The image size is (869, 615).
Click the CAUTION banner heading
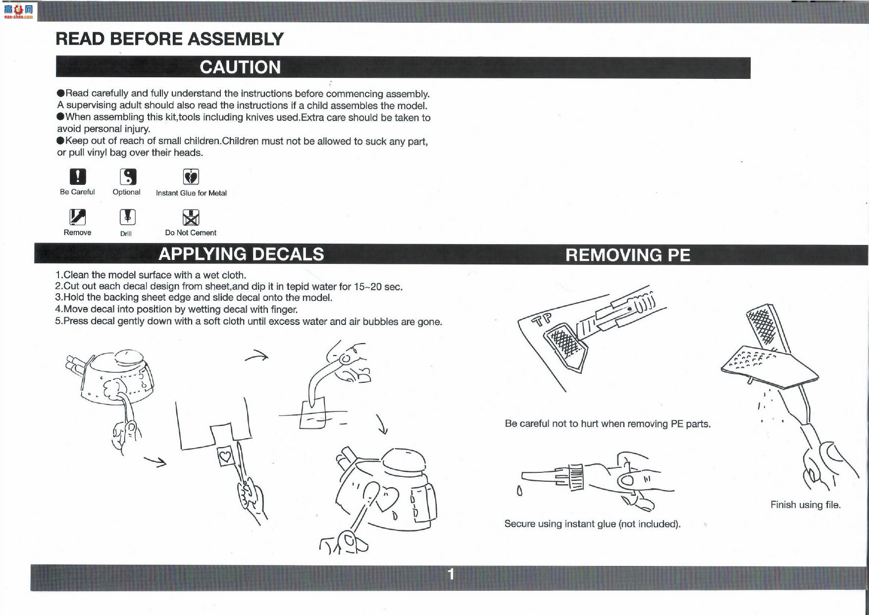(240, 67)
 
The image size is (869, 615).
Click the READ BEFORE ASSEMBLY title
(169, 39)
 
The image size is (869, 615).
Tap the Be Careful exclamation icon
(77, 176)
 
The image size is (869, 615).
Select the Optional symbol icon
(128, 177)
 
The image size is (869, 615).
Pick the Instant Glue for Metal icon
(191, 177)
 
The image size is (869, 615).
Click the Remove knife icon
(77, 217)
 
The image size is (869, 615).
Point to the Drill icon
(128, 217)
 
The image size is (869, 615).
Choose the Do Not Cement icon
(191, 217)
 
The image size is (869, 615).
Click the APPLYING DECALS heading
(241, 254)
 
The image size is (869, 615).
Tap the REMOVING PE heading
(628, 255)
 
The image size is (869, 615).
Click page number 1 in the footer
(451, 574)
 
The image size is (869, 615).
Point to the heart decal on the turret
(387, 499)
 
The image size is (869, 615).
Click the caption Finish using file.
(806, 505)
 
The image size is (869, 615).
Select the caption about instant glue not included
(593, 524)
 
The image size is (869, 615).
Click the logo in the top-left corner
(18, 11)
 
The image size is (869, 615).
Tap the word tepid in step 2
(298, 287)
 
